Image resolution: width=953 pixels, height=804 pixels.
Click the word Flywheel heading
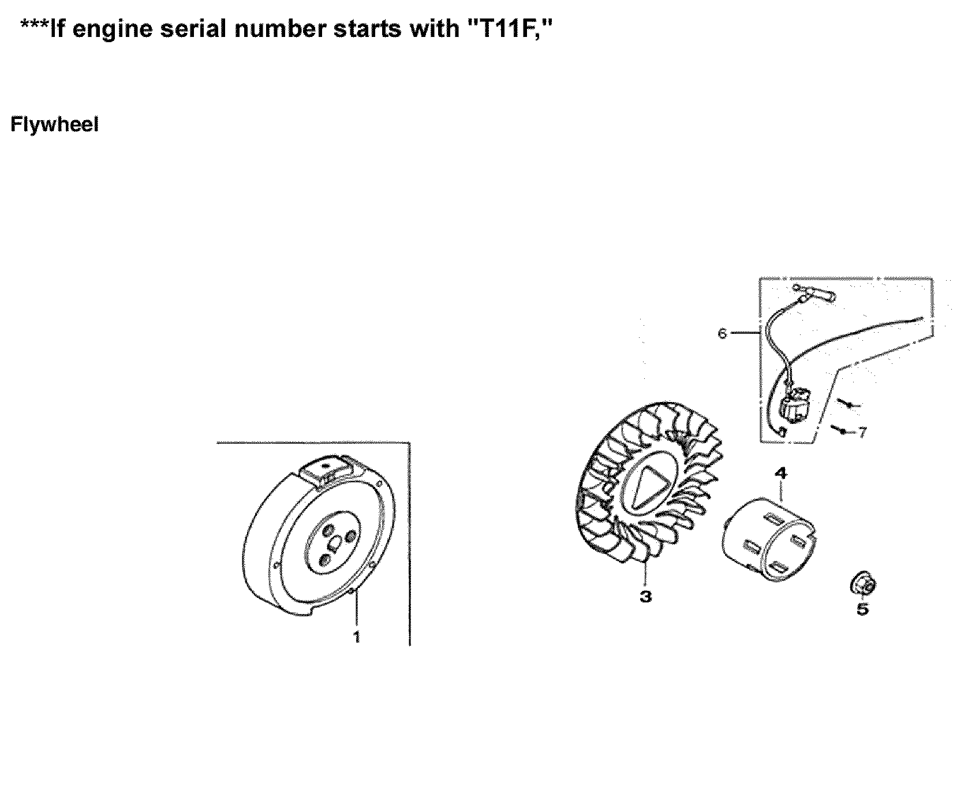[x=54, y=125]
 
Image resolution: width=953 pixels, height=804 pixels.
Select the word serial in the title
[x=198, y=29]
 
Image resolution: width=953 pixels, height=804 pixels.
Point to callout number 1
[x=356, y=636]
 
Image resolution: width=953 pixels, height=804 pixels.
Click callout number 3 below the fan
[x=645, y=597]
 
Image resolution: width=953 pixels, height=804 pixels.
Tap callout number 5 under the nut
[x=862, y=609]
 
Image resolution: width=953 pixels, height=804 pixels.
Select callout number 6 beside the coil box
[x=722, y=333]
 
